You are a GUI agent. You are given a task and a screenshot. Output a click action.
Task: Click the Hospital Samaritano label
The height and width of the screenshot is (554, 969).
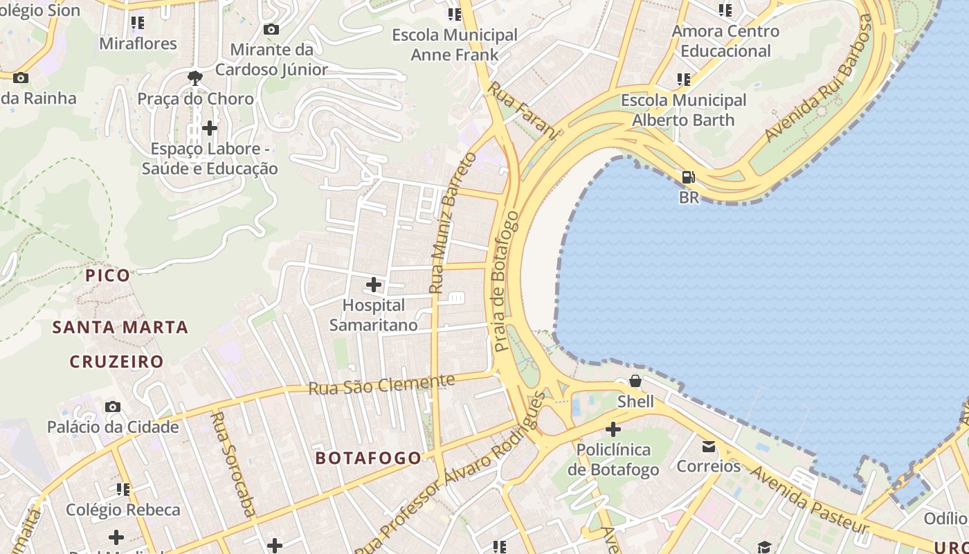(x=374, y=315)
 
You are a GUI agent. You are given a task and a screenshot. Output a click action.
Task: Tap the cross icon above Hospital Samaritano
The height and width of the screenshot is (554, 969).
(x=374, y=284)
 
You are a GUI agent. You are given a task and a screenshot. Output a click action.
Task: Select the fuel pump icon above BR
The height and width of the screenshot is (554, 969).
(x=688, y=177)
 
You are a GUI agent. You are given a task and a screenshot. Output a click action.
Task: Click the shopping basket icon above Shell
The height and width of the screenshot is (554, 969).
(x=635, y=381)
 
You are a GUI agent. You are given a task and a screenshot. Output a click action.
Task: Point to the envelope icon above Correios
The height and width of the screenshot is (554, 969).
(x=709, y=446)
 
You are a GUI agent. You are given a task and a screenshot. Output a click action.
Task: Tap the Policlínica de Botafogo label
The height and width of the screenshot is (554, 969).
(x=613, y=460)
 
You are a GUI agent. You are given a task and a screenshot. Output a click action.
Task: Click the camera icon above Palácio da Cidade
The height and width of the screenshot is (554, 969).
(x=113, y=406)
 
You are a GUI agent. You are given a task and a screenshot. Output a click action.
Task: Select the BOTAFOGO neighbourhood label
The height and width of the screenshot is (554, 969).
(x=368, y=458)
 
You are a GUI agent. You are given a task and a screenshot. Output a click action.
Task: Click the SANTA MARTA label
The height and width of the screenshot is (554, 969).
(x=120, y=328)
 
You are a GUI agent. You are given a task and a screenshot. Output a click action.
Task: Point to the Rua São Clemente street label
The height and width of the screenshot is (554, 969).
(x=381, y=384)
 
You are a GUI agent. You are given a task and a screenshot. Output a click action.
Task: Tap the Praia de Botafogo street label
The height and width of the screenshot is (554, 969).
(x=506, y=280)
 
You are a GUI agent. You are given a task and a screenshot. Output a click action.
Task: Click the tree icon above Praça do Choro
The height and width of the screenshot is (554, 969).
(x=195, y=78)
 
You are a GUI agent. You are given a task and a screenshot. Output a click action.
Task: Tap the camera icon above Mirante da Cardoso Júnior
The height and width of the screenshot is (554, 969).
(x=271, y=29)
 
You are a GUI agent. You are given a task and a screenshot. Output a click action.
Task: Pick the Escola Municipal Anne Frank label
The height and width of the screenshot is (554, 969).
(x=455, y=44)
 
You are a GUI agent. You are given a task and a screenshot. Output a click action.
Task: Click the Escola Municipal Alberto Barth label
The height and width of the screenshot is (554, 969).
(x=684, y=110)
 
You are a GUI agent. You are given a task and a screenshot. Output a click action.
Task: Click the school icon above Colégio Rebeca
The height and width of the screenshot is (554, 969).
(x=123, y=490)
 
